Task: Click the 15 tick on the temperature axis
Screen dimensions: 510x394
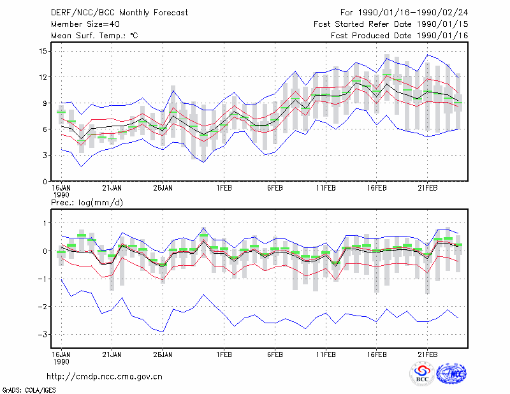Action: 43,51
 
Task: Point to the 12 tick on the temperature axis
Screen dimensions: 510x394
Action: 43,77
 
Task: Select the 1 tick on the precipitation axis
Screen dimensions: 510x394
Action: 45,223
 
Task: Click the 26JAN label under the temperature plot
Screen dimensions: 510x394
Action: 163,188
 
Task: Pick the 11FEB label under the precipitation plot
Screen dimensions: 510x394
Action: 326,354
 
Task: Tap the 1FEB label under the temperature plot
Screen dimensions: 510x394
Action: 224,188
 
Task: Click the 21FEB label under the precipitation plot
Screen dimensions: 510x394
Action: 427,354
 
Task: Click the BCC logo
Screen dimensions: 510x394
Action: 422,374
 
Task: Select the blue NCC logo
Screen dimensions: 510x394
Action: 451,374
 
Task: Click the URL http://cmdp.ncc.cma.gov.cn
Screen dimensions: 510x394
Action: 105,377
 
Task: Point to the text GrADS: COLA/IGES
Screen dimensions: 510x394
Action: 29,390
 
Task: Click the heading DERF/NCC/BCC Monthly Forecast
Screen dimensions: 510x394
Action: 119,13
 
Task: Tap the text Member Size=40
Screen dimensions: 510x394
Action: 85,24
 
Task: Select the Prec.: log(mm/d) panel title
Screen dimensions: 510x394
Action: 87,203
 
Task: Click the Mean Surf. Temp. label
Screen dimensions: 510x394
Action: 94,36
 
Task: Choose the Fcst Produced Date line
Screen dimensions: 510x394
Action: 400,36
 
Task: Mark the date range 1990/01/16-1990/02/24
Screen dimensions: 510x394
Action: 413,13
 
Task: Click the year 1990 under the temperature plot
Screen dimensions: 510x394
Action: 61,195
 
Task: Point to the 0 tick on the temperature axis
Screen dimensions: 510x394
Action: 45,182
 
